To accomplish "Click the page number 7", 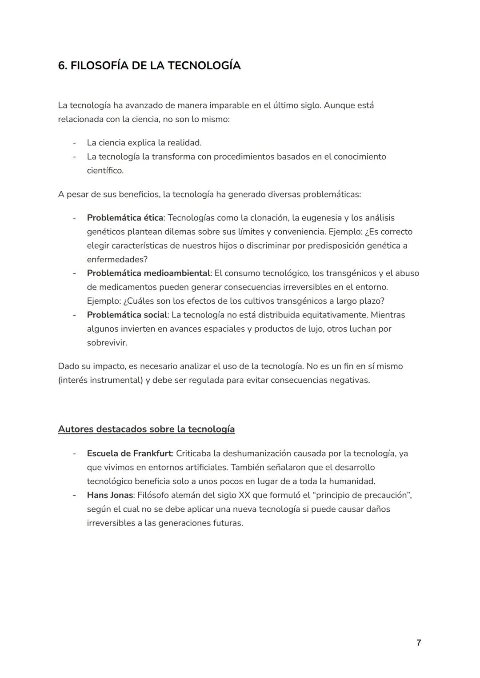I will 418,643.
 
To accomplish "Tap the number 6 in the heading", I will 61,66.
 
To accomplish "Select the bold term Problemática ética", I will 125,218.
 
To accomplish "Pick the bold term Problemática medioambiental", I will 148,273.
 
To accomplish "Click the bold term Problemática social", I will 127,315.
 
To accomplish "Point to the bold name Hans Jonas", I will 110,495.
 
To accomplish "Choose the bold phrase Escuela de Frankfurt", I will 129,453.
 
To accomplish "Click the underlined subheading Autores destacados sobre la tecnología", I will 146,429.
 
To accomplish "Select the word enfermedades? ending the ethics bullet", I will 117,259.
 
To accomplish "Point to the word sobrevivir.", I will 107,343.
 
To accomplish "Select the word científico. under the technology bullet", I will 105,170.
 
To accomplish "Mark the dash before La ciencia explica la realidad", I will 74,143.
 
